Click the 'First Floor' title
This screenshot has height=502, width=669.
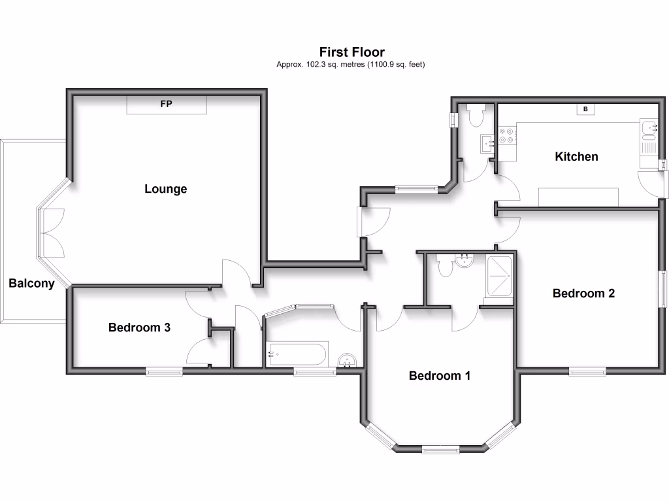[351, 52]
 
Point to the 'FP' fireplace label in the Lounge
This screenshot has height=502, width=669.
[167, 104]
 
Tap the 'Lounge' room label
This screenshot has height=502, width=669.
[165, 189]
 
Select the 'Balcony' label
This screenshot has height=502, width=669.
[31, 283]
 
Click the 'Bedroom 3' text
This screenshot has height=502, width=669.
[139, 327]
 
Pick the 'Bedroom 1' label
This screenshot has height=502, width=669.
[440, 376]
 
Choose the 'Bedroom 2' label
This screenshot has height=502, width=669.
[583, 293]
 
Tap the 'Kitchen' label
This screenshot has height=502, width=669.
[576, 157]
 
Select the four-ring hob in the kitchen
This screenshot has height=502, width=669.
[507, 135]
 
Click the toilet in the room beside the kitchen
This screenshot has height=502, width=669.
[475, 116]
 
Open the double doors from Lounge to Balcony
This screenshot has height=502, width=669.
[52, 233]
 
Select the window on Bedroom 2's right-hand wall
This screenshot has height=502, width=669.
[662, 288]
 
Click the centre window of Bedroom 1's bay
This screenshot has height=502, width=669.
[440, 449]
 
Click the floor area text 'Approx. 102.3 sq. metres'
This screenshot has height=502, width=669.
[351, 64]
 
